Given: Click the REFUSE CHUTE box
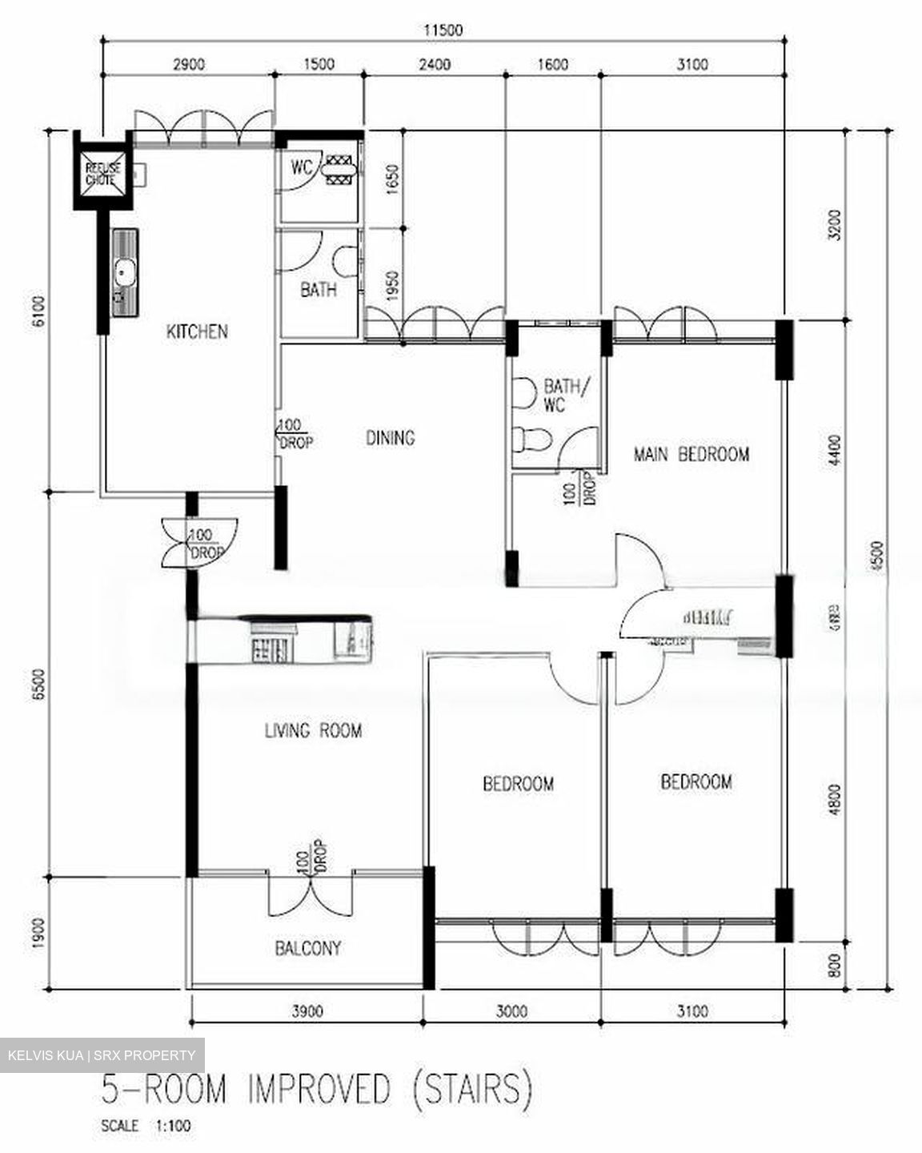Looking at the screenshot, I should tap(103, 173).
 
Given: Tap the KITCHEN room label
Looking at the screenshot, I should tap(196, 331).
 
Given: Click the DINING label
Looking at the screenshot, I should tap(391, 438).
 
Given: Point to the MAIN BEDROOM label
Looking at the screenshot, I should tap(691, 455).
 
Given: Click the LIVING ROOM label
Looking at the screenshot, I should tap(313, 730).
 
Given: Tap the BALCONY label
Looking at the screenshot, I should tap(308, 949).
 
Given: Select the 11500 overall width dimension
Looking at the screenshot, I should tap(443, 30).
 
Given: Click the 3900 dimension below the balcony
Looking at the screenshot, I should tap(307, 1011).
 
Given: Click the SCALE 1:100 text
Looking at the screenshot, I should tap(146, 1127).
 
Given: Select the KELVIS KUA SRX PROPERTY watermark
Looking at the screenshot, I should tap(102, 1055).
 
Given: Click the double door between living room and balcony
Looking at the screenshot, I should tap(310, 893).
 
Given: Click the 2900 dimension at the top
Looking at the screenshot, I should tap(189, 65).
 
